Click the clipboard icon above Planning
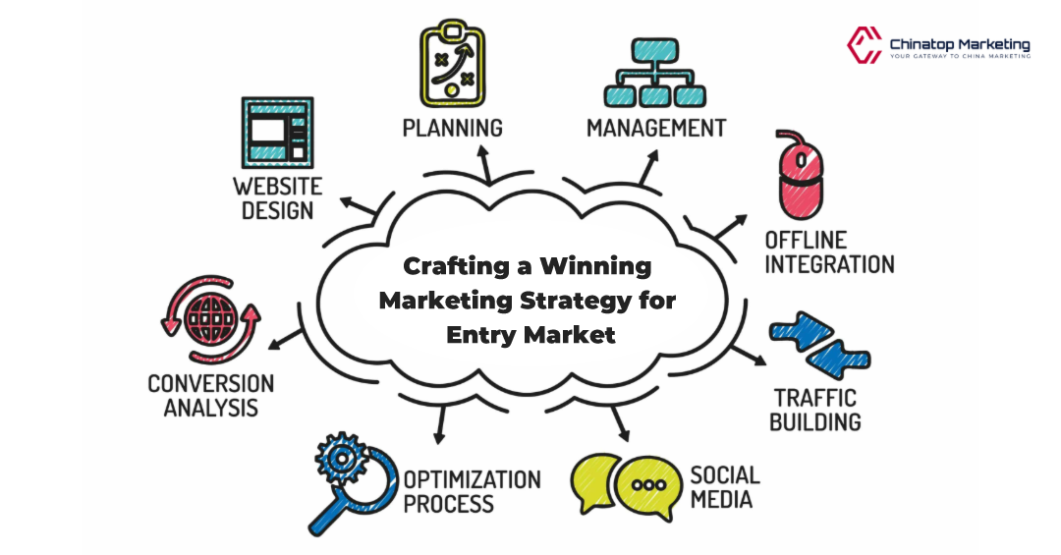pyautogui.click(x=453, y=60)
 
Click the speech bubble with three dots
pyautogui.click(x=645, y=485)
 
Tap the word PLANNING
pyautogui.click(x=452, y=128)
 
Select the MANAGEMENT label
pyautogui.click(x=656, y=128)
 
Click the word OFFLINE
pyautogui.click(x=806, y=240)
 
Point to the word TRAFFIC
pyautogui.click(x=814, y=398)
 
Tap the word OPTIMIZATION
pyautogui.click(x=472, y=480)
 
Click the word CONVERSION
pyautogui.click(x=210, y=383)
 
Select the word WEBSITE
pyautogui.click(x=277, y=186)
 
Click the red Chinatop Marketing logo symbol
pyautogui.click(x=864, y=44)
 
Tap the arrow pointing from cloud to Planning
pyautogui.click(x=484, y=163)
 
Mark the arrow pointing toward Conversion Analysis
pyautogui.click(x=286, y=339)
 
